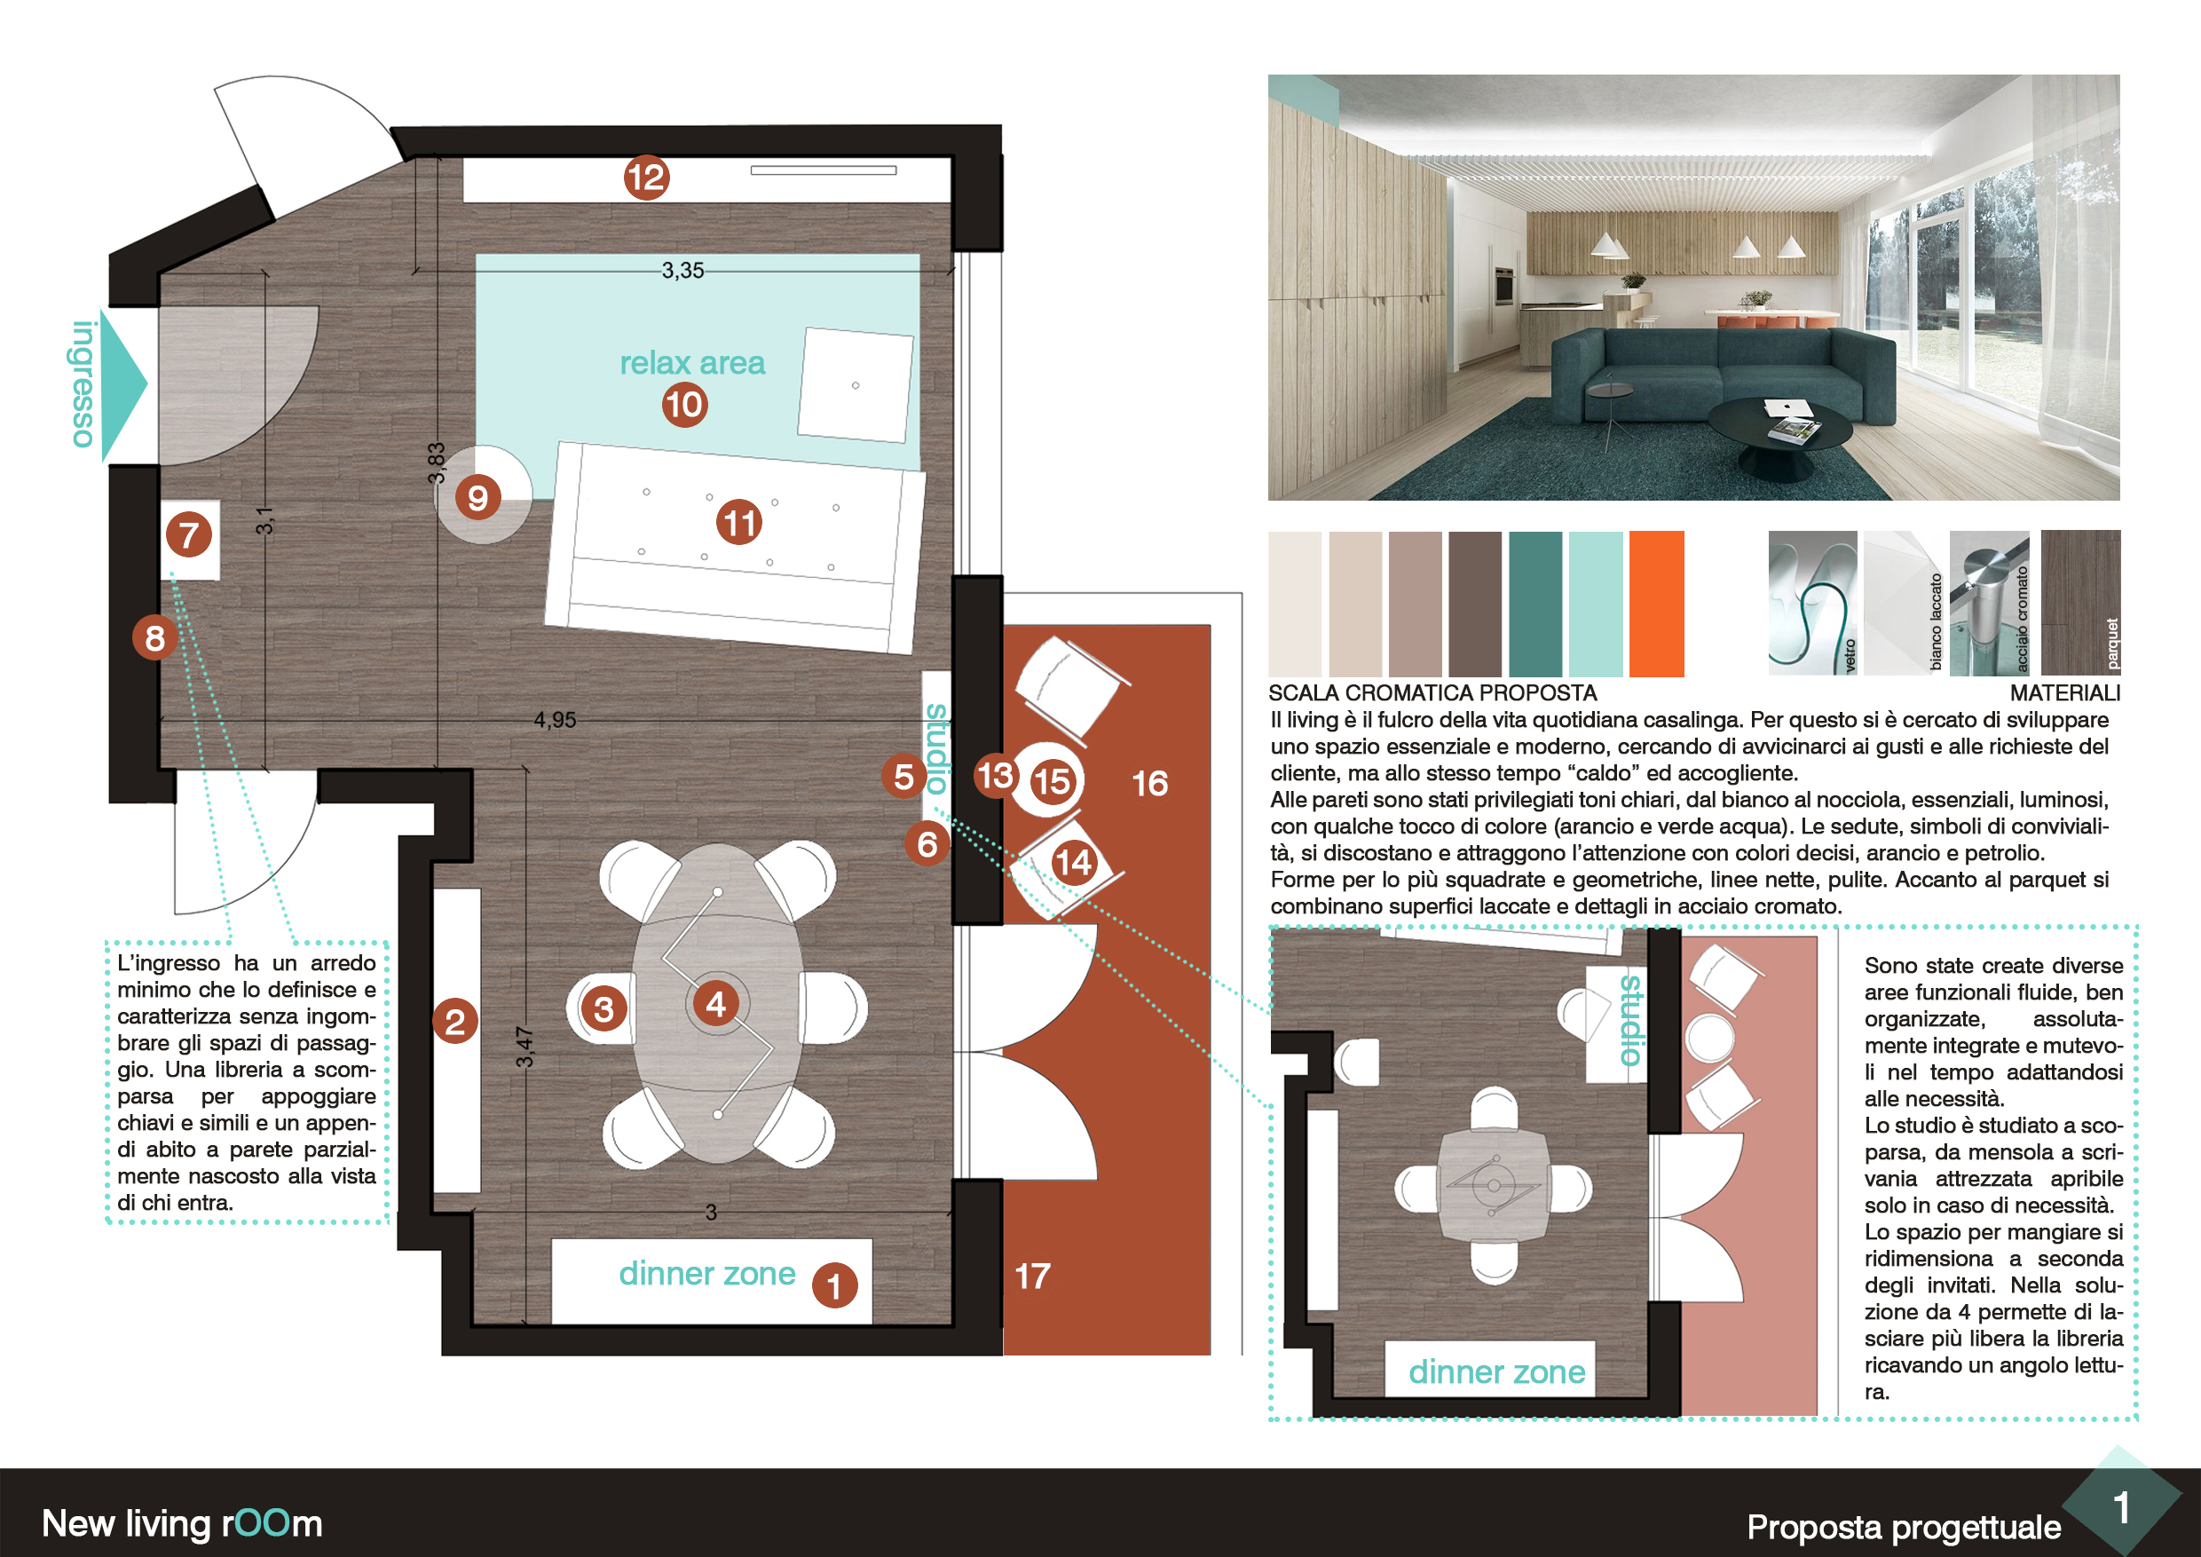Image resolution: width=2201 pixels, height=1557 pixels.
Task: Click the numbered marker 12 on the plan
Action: pos(646,178)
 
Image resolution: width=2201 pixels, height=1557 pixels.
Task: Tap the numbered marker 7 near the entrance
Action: pos(189,535)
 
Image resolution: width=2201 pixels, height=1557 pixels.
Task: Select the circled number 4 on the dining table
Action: pos(715,1004)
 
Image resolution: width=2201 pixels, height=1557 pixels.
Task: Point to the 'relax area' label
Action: pos(692,362)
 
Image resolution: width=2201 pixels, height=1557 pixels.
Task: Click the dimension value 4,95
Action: pos(555,719)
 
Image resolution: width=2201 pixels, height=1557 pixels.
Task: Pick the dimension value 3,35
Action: pos(682,271)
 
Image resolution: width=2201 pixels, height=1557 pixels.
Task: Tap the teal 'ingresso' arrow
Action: pos(122,383)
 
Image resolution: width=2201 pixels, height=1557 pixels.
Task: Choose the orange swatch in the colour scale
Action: pos(1656,604)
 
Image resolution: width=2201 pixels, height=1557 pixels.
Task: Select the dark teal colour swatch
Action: pos(1534,604)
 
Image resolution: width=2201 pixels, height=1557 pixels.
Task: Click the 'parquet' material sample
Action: pos(2080,602)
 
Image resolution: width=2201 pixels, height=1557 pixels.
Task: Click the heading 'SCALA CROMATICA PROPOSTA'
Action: pos(1432,692)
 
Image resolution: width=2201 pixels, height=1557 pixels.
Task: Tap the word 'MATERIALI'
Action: pos(2065,692)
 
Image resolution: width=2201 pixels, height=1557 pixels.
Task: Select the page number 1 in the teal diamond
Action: pos(2121,1508)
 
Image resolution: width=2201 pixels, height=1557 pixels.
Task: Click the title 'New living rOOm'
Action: pos(182,1523)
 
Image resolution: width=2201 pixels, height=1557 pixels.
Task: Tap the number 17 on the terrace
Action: pos(1032,1276)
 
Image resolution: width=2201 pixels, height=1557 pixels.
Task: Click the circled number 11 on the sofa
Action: pos(739,523)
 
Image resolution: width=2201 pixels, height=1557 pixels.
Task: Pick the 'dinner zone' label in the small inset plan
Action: pos(1496,1372)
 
